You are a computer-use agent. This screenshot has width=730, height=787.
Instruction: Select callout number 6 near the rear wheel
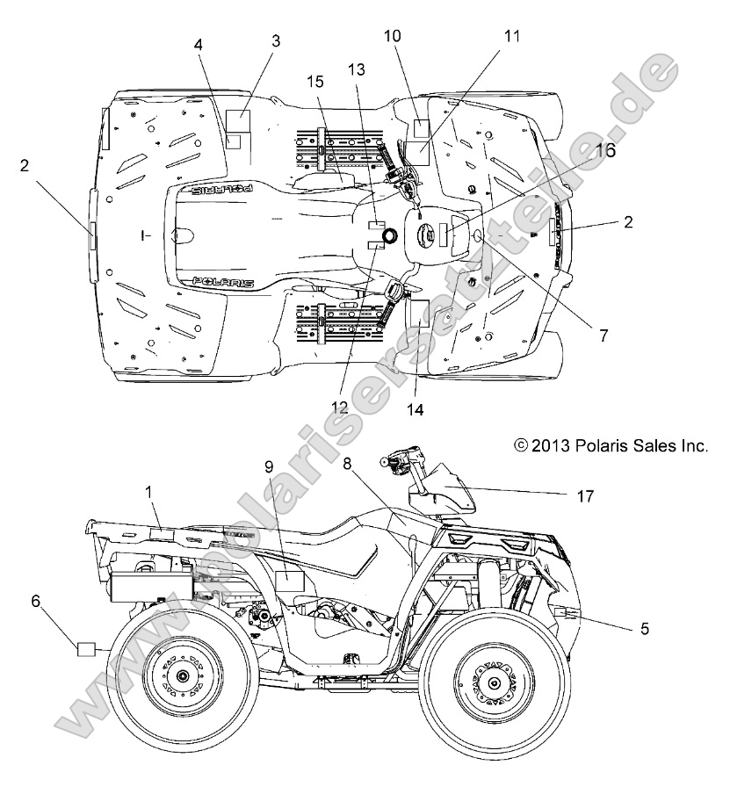click(36, 601)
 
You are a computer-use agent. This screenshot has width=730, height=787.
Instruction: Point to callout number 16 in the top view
click(605, 151)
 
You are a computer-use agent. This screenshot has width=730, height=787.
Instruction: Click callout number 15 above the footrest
click(315, 82)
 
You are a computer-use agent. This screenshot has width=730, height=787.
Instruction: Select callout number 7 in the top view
click(604, 335)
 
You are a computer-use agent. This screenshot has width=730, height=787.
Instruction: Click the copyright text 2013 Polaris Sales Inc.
click(611, 445)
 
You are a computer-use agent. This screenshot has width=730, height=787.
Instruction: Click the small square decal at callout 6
click(86, 650)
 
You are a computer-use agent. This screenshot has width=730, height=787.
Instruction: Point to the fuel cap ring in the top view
click(389, 235)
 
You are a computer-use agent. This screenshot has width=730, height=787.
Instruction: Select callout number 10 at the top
click(393, 36)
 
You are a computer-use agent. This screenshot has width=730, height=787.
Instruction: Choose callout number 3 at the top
click(276, 41)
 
